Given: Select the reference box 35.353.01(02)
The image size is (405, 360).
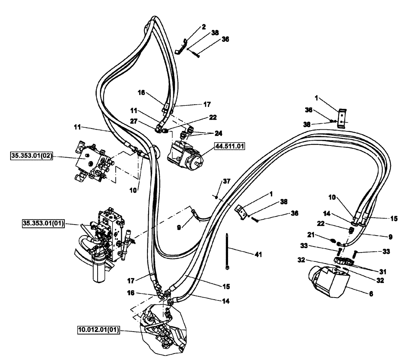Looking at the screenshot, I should [x=31, y=156].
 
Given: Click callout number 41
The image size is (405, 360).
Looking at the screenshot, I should [x=258, y=255].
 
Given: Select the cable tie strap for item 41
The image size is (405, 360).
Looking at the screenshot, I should [x=228, y=251].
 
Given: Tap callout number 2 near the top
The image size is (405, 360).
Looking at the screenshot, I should [x=204, y=27].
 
